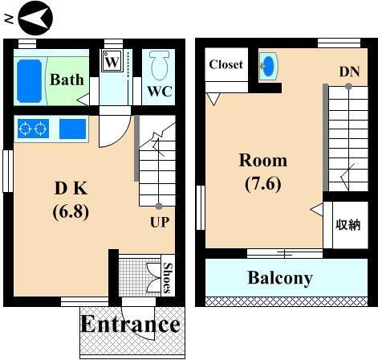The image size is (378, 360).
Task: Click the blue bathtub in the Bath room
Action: (29, 80)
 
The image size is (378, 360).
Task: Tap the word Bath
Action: (67, 80)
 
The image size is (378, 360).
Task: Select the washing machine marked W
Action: (112, 61)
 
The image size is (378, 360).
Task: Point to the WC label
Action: (158, 91)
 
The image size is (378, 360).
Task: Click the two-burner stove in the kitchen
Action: (33, 128)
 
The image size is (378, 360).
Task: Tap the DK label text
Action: (71, 190)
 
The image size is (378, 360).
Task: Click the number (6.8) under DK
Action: (71, 212)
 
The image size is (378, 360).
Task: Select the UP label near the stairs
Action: (160, 222)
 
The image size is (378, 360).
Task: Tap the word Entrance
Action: (129, 324)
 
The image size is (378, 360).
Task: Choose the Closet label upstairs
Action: (226, 64)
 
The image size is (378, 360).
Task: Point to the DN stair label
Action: (348, 72)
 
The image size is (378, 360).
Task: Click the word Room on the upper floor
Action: (262, 160)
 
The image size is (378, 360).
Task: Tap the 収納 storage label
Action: (347, 226)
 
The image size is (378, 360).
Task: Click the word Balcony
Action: (279, 278)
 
